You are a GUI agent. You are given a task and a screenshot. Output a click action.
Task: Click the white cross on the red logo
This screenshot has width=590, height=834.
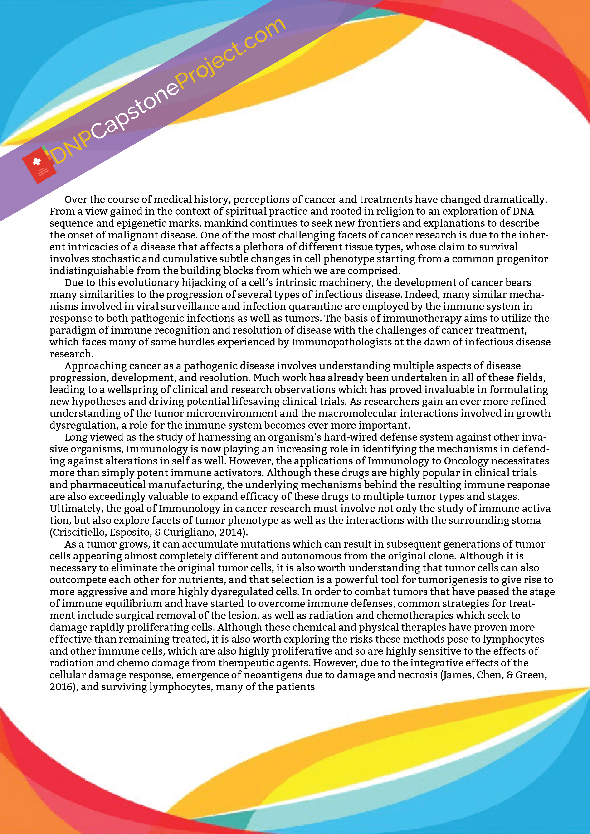point(36,162)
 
